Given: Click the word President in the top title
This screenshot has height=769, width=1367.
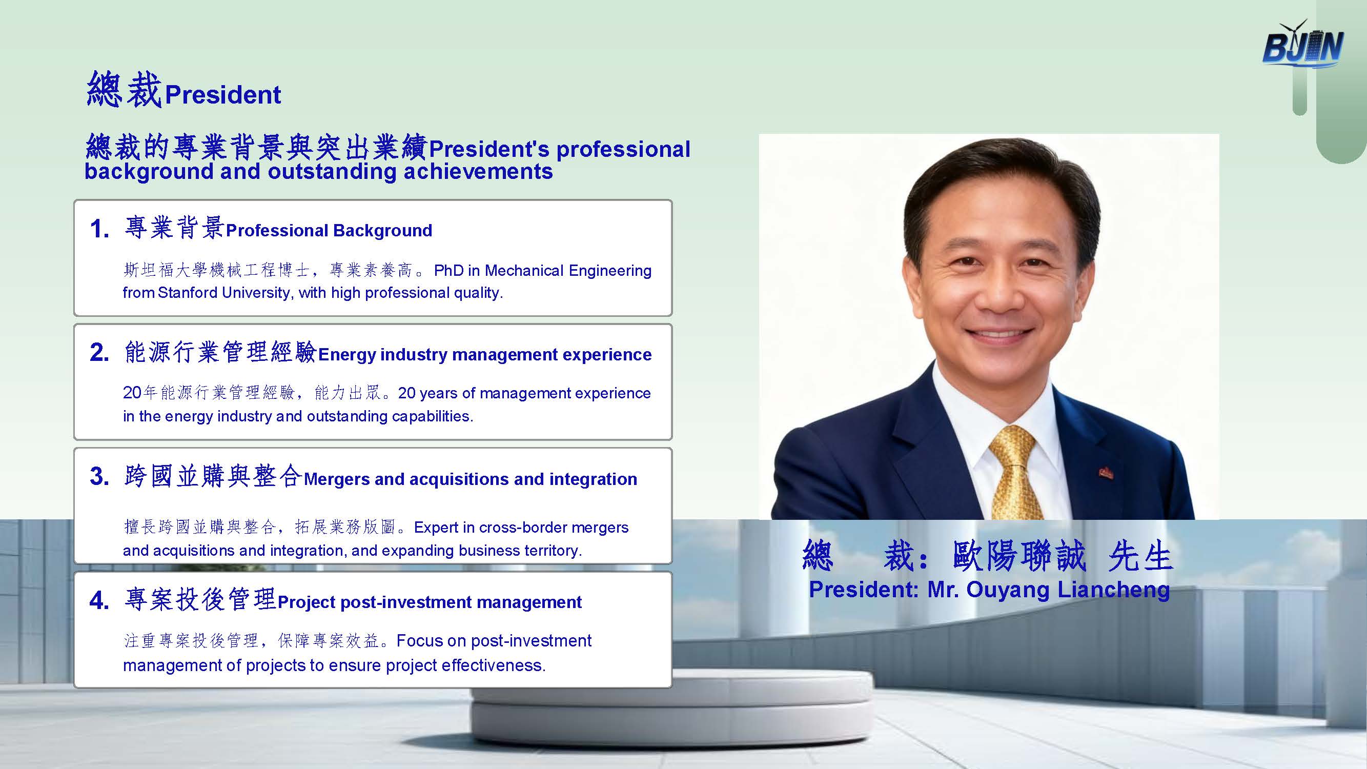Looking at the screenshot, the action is coord(223,95).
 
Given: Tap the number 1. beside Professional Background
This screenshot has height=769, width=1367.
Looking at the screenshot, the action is coord(100,229).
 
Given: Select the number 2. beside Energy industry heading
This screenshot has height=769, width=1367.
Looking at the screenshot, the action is coord(100,352).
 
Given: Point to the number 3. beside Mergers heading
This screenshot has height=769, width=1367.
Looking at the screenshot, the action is coord(100,476).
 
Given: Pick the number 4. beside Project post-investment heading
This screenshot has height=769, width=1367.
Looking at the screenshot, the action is coord(100,600).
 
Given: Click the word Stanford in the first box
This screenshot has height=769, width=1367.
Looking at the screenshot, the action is coord(187,292).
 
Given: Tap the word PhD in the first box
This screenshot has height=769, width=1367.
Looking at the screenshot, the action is coord(449,271).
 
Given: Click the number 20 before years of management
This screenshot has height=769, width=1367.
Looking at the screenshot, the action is coord(132,393).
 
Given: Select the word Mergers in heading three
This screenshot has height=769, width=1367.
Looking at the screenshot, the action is coord(337,479).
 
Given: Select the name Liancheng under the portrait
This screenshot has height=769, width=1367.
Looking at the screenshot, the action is coord(1113,590).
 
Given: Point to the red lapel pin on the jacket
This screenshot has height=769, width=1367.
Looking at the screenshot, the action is coord(1106,472).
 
